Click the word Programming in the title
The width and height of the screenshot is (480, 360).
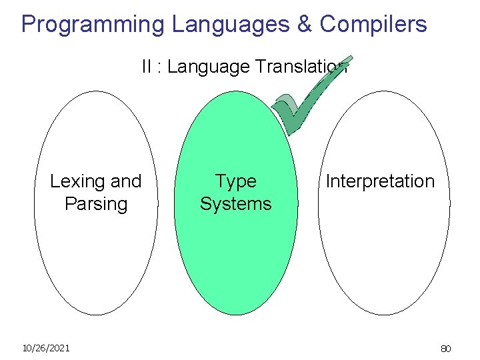point(93,24)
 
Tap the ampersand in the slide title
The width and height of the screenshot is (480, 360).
point(303,24)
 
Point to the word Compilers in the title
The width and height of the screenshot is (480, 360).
point(373,24)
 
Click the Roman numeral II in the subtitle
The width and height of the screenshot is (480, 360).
point(146,67)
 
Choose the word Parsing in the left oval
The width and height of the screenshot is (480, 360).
point(96,203)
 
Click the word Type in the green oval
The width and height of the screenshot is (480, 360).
point(235,181)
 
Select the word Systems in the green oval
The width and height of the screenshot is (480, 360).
point(235,203)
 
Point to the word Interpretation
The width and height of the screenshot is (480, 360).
point(380,181)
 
